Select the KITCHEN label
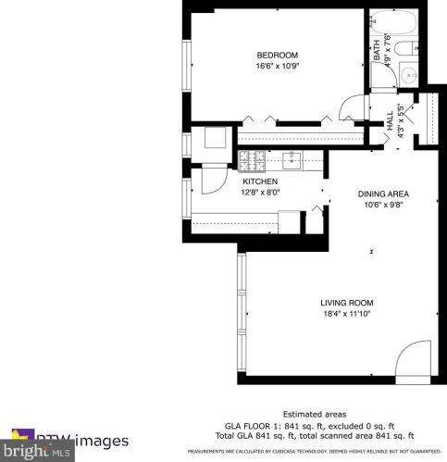[x=260, y=181]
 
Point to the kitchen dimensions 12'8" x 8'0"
[x=260, y=193]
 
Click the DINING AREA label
[x=383, y=194]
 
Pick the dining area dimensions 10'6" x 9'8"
[x=383, y=205]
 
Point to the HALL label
[x=390, y=119]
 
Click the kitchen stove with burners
[x=250, y=161]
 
